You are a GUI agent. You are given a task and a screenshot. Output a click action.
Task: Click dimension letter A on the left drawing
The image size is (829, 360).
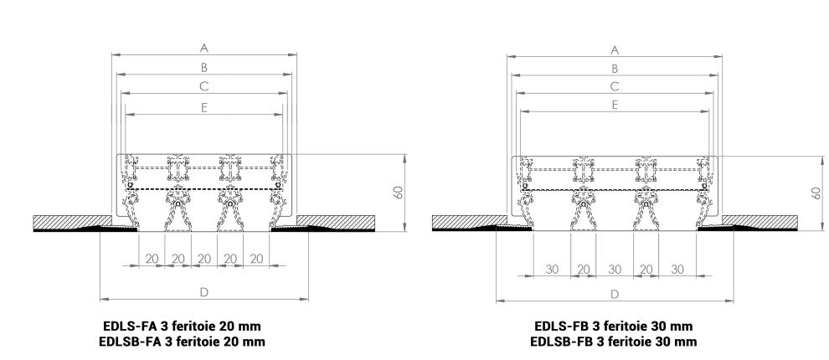204,48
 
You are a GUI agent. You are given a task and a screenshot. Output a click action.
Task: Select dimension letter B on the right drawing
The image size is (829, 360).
615,68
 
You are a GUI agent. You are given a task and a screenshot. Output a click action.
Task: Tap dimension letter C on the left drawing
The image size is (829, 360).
204,85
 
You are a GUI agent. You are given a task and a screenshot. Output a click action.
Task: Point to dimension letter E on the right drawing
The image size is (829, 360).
615,105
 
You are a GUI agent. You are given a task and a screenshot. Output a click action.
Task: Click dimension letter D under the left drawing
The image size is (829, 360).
204,292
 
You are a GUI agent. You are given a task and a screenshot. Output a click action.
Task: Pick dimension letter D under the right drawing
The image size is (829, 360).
615,294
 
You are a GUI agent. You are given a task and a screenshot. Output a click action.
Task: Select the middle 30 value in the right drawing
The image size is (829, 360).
615,269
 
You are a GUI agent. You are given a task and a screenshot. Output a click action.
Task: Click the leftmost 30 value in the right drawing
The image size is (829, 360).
552,269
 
